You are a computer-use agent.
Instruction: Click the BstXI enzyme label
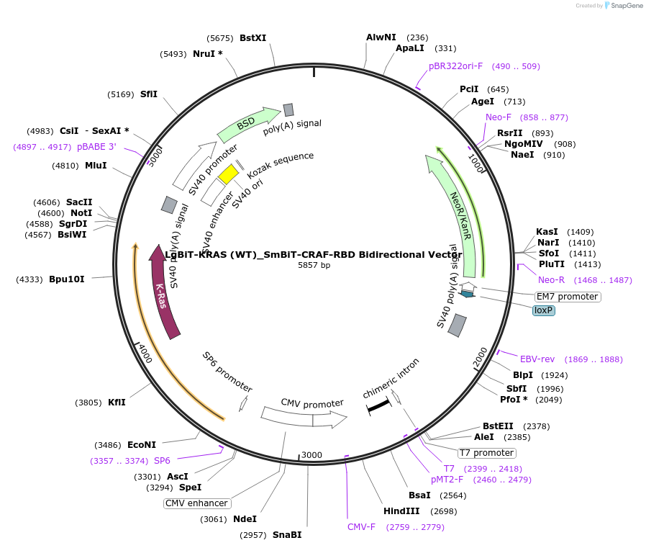click(253, 37)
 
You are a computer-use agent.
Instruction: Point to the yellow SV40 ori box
click(229, 174)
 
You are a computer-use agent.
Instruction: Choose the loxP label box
click(544, 310)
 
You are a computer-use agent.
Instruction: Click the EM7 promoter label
click(567, 297)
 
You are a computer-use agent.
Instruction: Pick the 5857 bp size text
click(314, 265)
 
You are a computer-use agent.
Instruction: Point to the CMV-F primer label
click(362, 527)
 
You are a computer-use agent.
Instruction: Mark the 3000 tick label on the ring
click(311, 455)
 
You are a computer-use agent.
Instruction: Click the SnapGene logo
click(623, 6)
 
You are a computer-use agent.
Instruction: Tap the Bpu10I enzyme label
click(67, 279)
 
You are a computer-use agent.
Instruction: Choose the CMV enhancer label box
click(196, 503)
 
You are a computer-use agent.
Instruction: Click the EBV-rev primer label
click(537, 359)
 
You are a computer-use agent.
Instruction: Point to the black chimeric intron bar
click(378, 408)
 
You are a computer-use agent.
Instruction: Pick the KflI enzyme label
click(117, 403)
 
